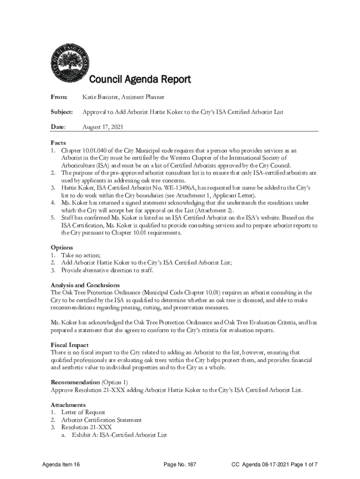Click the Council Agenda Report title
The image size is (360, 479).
pos(140,80)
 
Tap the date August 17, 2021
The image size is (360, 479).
pos(103,127)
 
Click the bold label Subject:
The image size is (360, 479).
pos(62,112)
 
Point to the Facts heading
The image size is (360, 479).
pos(58,143)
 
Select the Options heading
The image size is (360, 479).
pos(62,247)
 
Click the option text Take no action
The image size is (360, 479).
pos(80,255)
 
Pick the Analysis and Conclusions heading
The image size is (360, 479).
pos(85,285)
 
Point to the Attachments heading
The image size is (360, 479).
pos(68,405)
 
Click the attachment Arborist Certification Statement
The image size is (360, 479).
pos(101,420)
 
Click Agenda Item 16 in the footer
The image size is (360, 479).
pos(61,464)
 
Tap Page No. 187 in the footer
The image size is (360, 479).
pos(180,464)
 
